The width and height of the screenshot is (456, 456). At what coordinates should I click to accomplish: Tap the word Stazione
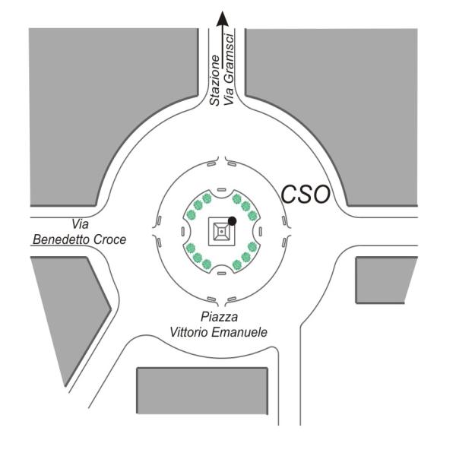click(x=215, y=81)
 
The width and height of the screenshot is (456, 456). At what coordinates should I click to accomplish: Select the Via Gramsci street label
click(x=229, y=70)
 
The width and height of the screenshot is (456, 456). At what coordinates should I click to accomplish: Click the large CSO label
click(x=306, y=195)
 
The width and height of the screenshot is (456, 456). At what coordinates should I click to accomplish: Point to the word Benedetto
click(x=61, y=239)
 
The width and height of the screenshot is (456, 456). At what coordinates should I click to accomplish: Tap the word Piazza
click(x=219, y=317)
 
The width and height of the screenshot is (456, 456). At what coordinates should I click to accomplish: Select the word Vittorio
click(x=188, y=332)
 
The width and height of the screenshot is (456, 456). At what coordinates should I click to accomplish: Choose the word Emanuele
click(x=239, y=332)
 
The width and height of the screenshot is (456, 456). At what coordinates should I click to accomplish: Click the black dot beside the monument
click(x=232, y=221)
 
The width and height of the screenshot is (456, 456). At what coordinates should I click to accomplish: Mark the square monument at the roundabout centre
click(x=222, y=232)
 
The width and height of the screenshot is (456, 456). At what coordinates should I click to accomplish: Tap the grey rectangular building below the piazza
click(x=202, y=391)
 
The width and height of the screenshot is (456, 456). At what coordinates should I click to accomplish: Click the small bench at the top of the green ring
click(x=222, y=190)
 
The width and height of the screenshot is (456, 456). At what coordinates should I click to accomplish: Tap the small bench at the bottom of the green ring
click(x=222, y=274)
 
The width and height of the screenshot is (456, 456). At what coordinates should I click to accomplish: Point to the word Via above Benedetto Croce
click(x=80, y=224)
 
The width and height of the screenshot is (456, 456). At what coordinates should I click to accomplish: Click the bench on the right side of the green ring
click(x=260, y=232)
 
